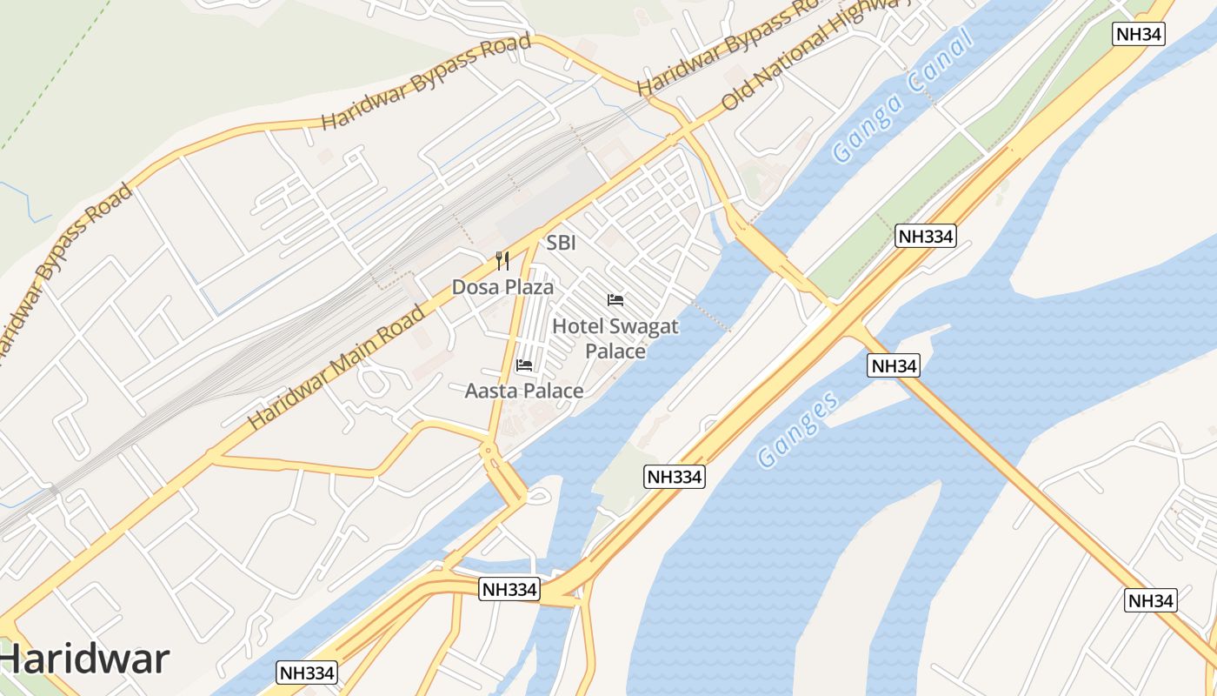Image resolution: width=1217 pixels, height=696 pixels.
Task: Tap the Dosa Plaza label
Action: (502, 286)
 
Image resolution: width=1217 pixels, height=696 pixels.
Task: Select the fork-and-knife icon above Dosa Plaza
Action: (502, 260)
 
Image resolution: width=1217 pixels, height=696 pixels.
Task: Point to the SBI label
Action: (561, 243)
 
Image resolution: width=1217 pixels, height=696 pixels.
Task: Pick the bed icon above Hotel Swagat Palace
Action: (615, 300)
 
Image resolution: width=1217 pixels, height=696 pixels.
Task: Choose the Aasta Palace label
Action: (524, 391)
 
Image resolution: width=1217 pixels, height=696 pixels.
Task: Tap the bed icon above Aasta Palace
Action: (524, 365)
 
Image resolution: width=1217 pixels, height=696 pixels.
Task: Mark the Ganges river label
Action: (799, 429)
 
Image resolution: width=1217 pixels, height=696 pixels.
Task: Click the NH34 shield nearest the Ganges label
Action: (894, 366)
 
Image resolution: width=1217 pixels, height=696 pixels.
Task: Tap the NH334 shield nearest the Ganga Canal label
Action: (926, 236)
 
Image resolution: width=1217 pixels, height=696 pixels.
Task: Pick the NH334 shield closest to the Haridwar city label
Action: (307, 673)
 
